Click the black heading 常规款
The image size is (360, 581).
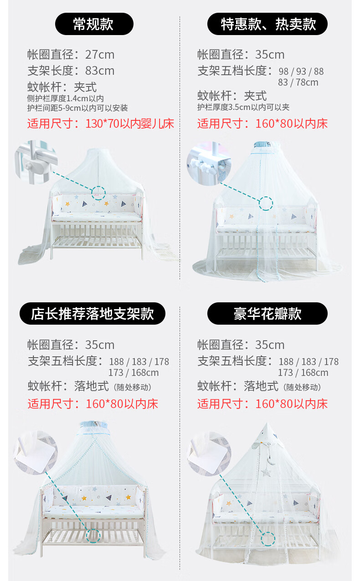(x=94, y=24)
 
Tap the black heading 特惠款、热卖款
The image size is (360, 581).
(x=267, y=24)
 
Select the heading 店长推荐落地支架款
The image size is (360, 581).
(x=93, y=313)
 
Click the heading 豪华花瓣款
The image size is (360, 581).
(x=267, y=313)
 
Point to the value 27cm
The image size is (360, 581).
(x=100, y=55)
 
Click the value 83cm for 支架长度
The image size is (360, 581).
(x=100, y=71)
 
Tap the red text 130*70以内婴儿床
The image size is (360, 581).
(x=129, y=123)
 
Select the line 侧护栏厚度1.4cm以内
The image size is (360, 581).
(x=66, y=98)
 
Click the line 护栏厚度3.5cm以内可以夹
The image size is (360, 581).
(x=243, y=107)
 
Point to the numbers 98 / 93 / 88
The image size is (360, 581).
(x=301, y=71)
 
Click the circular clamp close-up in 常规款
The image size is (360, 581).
(x=36, y=162)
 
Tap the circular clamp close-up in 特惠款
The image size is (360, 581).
(x=209, y=163)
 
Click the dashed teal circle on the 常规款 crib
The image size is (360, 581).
(x=98, y=193)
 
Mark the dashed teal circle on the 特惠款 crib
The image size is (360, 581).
(x=266, y=204)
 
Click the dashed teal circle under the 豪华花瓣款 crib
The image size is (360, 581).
(x=268, y=539)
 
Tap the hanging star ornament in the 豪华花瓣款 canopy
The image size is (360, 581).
(x=266, y=472)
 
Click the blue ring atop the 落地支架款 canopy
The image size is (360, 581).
(x=94, y=425)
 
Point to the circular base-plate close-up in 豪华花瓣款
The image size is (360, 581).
(x=209, y=454)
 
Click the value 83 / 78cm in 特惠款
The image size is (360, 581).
(x=298, y=82)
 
